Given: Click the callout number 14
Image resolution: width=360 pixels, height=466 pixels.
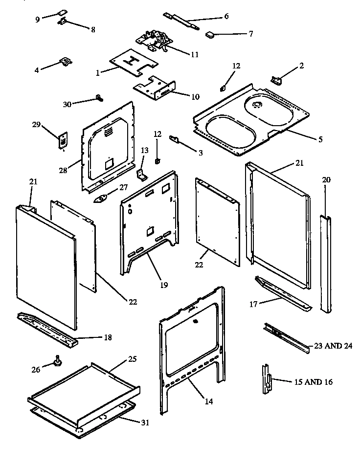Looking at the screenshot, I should point(209,401).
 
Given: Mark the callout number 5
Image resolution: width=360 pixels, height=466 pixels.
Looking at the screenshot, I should point(320,139).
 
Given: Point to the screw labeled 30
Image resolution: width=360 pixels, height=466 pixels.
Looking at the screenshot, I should point(100,98).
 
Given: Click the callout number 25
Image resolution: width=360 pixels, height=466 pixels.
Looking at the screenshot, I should point(132,359).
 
